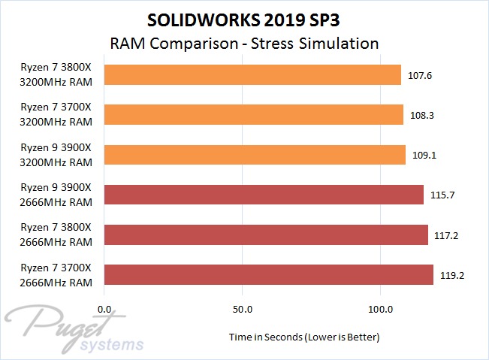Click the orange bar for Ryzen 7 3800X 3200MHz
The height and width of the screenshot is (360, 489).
click(252, 74)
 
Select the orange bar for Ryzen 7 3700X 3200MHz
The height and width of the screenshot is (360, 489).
click(254, 114)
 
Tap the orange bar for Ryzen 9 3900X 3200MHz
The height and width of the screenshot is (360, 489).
click(255, 155)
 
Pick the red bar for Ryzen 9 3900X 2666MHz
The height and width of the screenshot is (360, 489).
click(264, 195)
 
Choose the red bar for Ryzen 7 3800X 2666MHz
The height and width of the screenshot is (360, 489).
click(266, 234)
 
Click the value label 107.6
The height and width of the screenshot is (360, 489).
click(420, 75)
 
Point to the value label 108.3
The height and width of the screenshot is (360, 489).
click(421, 115)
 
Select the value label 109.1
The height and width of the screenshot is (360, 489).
click(424, 155)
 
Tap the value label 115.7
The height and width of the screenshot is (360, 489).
click(442, 195)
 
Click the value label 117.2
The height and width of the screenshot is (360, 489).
click(446, 235)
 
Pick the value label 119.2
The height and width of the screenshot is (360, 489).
click(451, 275)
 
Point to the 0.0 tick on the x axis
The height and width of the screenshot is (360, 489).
click(105, 309)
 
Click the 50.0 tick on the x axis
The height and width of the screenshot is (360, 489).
click(242, 309)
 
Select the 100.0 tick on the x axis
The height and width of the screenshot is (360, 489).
click(380, 309)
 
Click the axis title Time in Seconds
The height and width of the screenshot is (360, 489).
click(304, 337)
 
